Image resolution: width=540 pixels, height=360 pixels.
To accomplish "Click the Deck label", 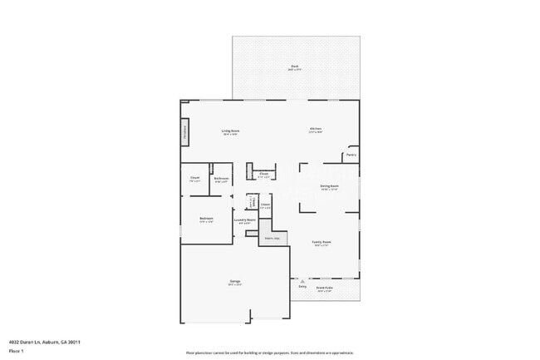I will (295, 67).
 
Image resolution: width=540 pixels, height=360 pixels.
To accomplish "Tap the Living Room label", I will (230, 131).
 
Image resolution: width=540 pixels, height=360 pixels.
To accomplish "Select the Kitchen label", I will (316, 129).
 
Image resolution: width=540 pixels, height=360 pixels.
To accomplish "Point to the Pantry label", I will (351, 155).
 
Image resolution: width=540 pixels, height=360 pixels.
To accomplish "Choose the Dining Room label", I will (329, 186).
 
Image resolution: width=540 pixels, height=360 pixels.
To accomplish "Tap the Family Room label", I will (322, 243).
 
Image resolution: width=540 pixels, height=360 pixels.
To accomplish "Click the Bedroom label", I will (207, 219).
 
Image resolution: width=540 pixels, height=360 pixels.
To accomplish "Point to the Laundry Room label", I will (244, 221).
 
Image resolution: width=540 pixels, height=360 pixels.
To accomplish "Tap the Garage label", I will (235, 282).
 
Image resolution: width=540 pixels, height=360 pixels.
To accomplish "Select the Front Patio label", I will (325, 288).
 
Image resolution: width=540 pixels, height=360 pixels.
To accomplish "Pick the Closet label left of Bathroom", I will (194, 179).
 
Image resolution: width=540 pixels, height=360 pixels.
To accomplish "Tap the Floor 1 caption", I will (16, 351).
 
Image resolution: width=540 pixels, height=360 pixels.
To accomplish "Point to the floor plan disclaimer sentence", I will (269, 352).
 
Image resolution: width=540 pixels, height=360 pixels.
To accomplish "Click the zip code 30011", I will (75, 342).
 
